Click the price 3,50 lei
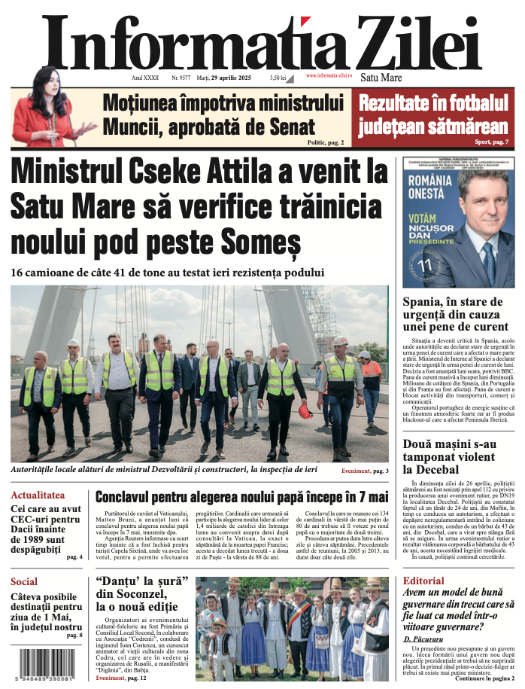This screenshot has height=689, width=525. click(x=278, y=78)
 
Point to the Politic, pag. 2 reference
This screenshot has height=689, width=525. click(x=325, y=142)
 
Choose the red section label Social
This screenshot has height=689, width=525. click(x=24, y=581)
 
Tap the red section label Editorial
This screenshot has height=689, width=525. click(x=423, y=581)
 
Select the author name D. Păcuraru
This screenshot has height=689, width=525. click(x=423, y=639)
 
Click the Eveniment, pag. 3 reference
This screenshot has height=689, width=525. click(x=364, y=471)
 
